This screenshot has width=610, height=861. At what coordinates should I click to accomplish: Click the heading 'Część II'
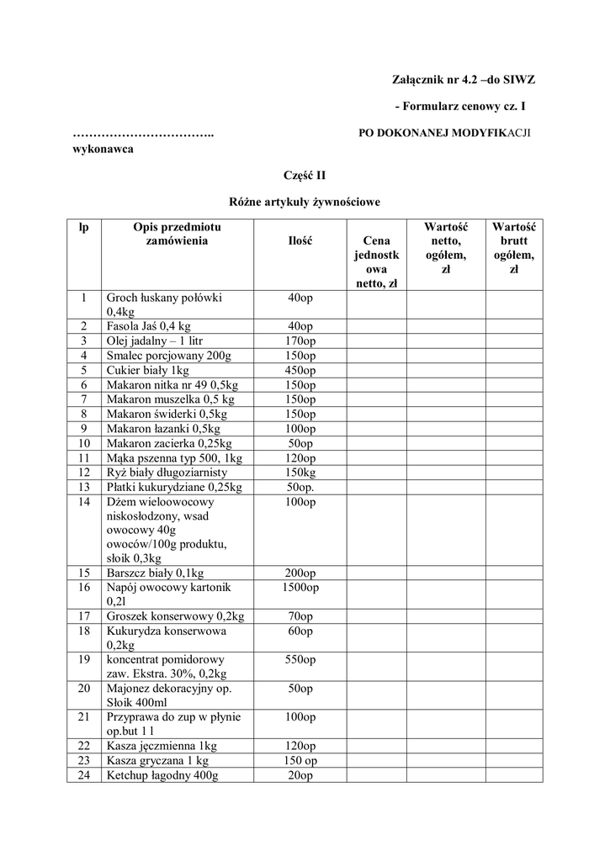[x=305, y=175]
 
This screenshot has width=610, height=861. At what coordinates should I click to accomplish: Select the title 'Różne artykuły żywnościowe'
[x=305, y=202]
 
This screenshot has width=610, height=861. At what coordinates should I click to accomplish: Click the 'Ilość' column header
[x=300, y=240]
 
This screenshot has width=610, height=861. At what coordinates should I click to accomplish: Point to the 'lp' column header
[x=84, y=226]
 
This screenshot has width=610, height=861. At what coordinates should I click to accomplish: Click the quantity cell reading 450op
[x=300, y=371]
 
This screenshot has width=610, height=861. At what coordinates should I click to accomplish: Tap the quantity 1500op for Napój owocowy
[x=300, y=587]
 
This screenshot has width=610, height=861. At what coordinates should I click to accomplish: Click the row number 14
[x=84, y=502]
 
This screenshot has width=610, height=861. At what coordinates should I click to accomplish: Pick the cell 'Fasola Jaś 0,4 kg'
[x=149, y=326]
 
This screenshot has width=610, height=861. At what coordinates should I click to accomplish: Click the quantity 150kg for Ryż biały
[x=300, y=472]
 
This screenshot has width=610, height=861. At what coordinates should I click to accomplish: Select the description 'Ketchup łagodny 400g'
[x=162, y=775]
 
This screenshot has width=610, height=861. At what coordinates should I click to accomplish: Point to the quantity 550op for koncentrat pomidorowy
[x=300, y=660]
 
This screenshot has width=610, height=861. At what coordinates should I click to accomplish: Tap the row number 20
[x=84, y=688]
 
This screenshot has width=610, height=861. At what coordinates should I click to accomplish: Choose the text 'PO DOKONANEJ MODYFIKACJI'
[x=445, y=134]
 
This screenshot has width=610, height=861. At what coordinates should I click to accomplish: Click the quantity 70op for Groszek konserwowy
[x=300, y=616]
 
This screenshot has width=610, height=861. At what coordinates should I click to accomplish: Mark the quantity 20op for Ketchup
[x=300, y=775]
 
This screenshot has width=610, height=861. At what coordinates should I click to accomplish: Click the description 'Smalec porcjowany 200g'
[x=168, y=356]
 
